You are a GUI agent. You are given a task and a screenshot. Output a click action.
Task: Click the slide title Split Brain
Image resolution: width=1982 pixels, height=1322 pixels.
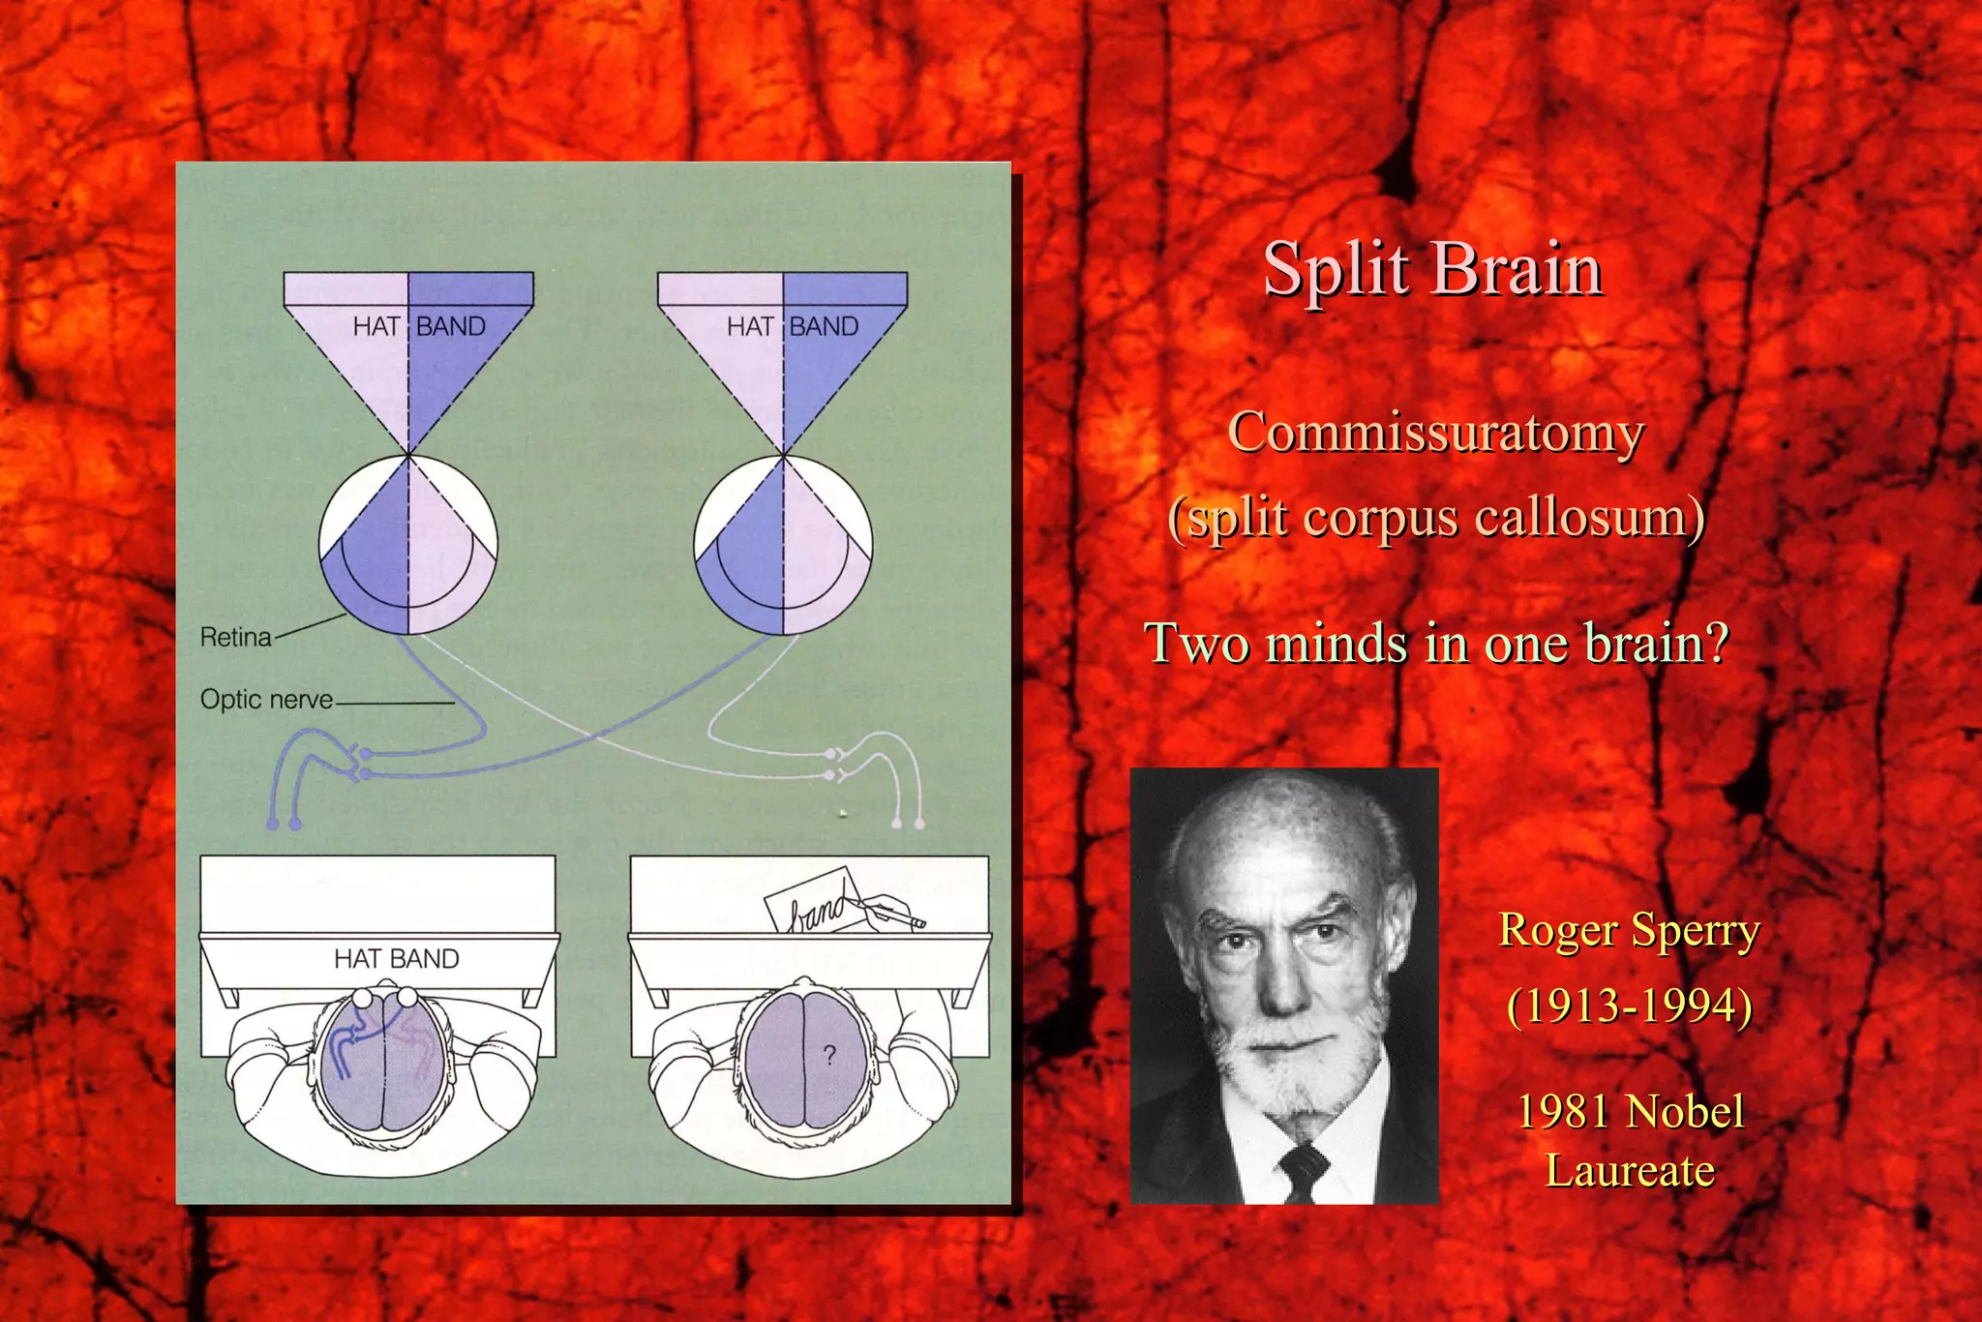pos(1432,268)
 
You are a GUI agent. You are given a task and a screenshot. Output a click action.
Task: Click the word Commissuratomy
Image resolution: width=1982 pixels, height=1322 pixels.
pos(1435,432)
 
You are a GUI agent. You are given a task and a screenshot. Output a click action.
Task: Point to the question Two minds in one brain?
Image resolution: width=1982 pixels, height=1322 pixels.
pos(1436,643)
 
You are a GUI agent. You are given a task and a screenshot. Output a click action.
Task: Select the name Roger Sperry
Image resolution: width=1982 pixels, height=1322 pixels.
pos(1629,930)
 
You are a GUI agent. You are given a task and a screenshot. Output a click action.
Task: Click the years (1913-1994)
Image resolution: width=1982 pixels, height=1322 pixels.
pos(1629,1006)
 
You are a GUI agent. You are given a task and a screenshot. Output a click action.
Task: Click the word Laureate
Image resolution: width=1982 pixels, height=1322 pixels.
pos(1630,1170)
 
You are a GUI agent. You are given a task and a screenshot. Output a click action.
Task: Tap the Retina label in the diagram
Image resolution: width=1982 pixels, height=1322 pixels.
pos(235,637)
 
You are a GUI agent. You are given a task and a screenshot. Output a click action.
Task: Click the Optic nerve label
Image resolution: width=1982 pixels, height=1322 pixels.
pos(266,699)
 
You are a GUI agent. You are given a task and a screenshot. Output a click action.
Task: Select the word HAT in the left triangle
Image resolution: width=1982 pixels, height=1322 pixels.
pos(376,326)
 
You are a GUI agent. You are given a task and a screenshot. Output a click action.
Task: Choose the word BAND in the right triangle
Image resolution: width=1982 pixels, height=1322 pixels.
pos(824,326)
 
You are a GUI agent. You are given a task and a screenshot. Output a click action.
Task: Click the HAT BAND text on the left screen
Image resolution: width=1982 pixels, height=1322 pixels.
pos(396,958)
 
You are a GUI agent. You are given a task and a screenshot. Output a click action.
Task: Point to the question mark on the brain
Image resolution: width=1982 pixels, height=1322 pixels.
pos(828,1054)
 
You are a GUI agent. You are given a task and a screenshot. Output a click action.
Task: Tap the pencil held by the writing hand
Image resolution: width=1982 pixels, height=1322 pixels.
pos(895,912)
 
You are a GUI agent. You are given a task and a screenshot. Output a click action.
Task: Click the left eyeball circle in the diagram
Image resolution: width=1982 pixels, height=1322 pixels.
pos(408,544)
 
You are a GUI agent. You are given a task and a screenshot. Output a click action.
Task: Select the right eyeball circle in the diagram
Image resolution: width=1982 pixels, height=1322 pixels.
pos(783,544)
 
